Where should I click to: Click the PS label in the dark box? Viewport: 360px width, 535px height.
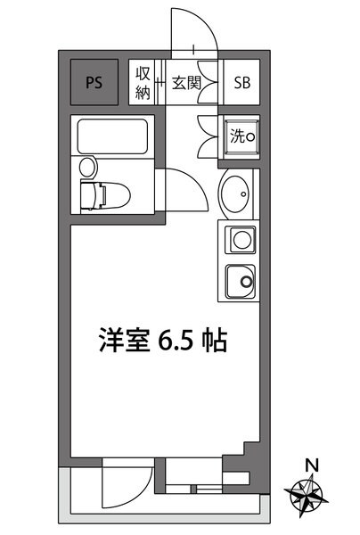(93, 83)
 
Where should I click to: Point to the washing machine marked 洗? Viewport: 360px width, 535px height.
(241, 137)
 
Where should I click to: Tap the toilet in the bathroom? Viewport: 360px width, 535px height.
(102, 192)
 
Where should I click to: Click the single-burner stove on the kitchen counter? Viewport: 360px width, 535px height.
(241, 240)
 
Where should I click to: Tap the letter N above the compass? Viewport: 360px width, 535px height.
(311, 465)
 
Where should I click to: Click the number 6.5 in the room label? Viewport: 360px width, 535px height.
(175, 341)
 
